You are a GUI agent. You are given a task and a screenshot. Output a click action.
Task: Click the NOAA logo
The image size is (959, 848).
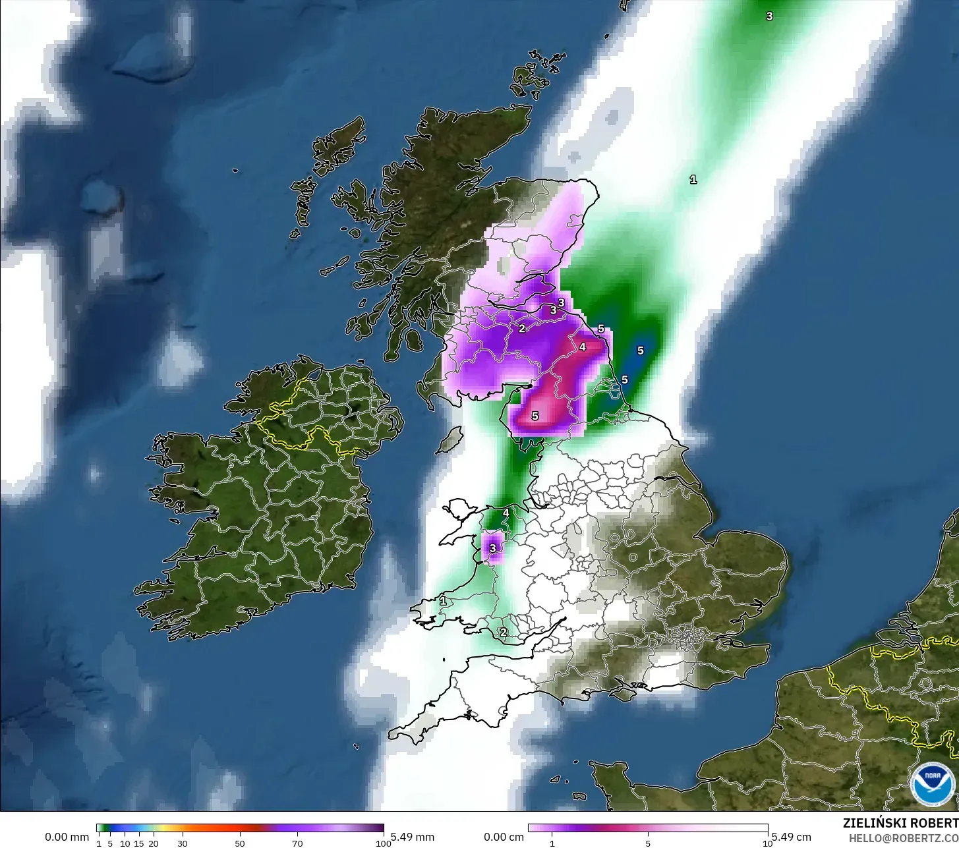931,783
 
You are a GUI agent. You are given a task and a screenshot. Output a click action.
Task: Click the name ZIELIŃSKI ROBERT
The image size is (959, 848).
900,823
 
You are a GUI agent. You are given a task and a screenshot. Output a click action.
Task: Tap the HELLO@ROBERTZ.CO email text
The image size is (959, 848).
904,837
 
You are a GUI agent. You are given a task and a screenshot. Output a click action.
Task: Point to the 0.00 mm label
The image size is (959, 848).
67,837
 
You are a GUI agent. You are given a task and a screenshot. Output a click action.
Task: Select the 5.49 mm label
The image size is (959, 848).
412,837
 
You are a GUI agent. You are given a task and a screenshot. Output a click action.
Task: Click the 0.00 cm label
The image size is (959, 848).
504,837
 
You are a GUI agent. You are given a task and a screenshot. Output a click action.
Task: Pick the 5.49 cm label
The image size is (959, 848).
791,837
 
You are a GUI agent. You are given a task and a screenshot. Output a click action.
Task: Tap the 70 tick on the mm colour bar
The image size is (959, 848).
297,843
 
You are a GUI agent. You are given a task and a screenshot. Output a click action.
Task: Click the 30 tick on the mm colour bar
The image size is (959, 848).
182,843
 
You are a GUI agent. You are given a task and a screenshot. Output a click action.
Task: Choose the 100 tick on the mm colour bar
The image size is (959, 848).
383,843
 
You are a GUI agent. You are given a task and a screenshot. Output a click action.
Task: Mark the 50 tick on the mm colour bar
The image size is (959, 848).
240,843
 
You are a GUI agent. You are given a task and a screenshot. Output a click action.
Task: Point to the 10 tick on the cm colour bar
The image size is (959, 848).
767,843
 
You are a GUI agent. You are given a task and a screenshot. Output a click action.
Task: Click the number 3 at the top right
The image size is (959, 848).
769,16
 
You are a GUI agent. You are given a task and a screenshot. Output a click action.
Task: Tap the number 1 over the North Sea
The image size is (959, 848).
693,179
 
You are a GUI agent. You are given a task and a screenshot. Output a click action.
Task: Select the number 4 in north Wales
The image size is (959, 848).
506,513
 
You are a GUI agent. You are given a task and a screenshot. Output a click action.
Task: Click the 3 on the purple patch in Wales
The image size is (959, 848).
492,547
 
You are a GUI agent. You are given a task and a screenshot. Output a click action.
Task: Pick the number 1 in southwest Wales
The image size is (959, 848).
443,601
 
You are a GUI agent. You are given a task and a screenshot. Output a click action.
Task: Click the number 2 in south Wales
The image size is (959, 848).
503,632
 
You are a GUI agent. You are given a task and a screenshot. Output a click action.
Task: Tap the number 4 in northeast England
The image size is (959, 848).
582,346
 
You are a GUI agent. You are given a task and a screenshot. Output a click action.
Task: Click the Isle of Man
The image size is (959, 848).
451,439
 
